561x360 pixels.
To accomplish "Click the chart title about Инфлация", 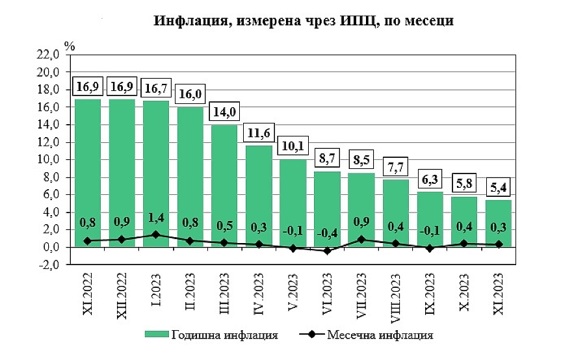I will click(x=303, y=21).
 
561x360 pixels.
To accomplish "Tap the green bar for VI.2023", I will click(x=327, y=208).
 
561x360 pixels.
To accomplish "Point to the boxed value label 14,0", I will click(x=225, y=111).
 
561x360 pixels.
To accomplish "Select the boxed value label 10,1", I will click(x=293, y=146).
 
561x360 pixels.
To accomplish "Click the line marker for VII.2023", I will click(x=361, y=240).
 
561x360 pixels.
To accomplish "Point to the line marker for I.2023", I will click(x=156, y=235).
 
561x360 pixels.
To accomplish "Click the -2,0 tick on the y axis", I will click(x=51, y=265).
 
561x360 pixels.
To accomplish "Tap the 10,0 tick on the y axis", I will click(x=51, y=160).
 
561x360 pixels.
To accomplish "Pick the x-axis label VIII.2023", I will click(x=396, y=298).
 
